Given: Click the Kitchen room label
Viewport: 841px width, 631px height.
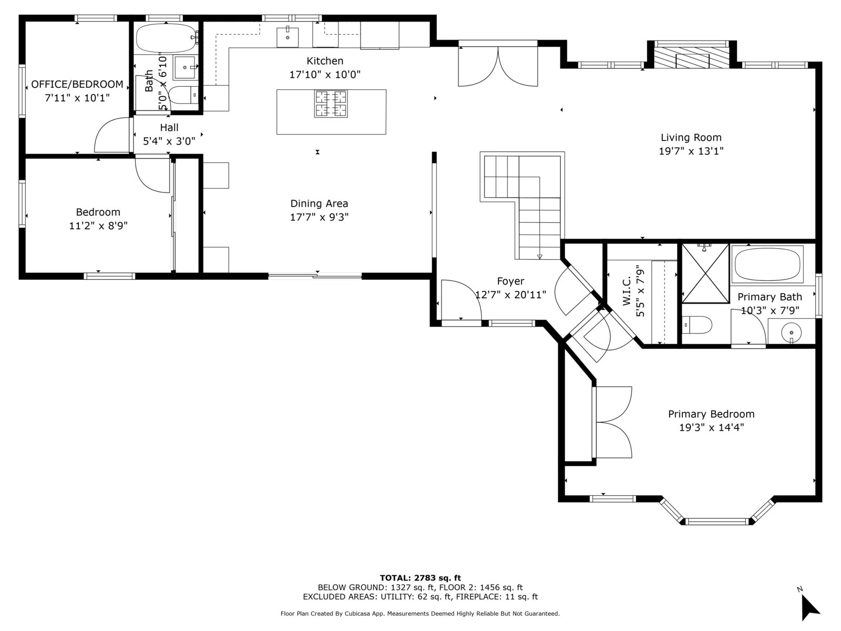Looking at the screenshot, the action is pos(324,61).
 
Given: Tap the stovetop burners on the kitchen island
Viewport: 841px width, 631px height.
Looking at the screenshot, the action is pos(331,104).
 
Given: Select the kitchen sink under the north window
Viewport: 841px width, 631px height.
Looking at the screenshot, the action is pos(288,37).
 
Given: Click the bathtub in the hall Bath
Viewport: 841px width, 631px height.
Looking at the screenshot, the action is pos(166,38).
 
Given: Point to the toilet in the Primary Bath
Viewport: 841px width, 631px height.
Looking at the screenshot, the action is pos(696,325).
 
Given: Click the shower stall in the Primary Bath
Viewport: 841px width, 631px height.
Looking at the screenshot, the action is pos(705,273).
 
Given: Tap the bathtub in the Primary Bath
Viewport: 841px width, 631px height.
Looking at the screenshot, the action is pos(767,264).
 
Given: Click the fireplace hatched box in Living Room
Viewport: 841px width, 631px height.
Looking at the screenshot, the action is pos(692,57).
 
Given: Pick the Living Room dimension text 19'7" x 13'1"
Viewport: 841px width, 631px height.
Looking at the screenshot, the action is pos(691,151).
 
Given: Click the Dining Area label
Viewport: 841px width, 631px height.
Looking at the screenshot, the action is pos(319,203).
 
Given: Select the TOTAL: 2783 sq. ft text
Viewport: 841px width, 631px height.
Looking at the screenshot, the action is pos(420,578).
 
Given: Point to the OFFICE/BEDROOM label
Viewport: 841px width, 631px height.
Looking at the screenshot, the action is pos(77,84).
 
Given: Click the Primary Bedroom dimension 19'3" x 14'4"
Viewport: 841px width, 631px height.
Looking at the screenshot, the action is pos(712,427).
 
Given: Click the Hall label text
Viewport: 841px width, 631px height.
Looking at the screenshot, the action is pos(169,128).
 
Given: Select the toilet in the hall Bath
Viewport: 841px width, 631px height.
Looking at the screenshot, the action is pos(183,95).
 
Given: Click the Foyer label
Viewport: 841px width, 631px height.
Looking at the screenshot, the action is pos(510,281).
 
